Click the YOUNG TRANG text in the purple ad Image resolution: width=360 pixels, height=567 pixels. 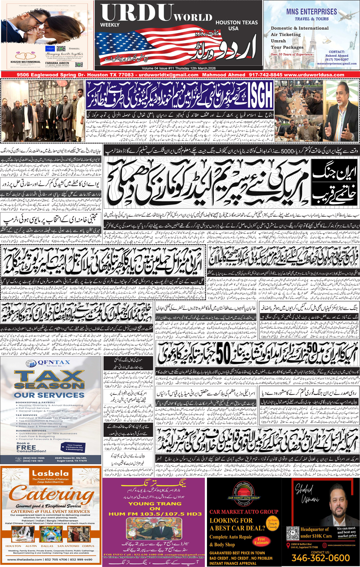155,503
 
